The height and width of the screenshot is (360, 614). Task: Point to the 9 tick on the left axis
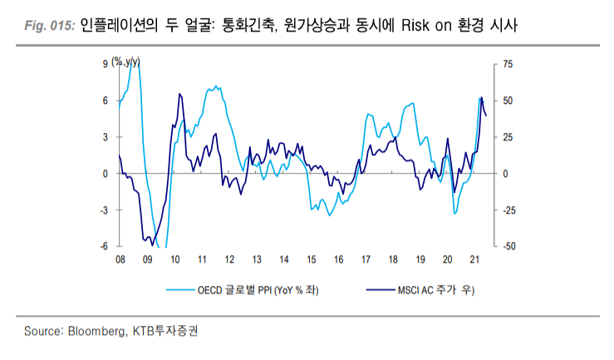coord(106,63)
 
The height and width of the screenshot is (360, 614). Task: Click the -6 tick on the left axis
coord(104,246)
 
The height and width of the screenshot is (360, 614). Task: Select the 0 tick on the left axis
coord(106,173)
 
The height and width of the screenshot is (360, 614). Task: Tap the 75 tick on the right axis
coord(508,63)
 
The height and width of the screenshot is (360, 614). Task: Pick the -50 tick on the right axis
coord(510,246)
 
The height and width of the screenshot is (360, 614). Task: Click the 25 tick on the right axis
coord(508,136)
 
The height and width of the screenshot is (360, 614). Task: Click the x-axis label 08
coord(120,260)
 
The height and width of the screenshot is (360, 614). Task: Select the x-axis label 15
coord(311,260)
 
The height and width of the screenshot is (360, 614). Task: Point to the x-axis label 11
coord(202,260)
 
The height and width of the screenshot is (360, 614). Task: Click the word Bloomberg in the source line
coord(95,331)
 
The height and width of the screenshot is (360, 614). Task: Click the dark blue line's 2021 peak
coord(481,98)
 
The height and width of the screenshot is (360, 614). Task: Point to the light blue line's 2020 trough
coord(454,214)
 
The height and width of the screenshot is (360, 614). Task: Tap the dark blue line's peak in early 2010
coord(179,94)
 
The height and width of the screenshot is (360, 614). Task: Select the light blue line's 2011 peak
coord(216,86)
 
